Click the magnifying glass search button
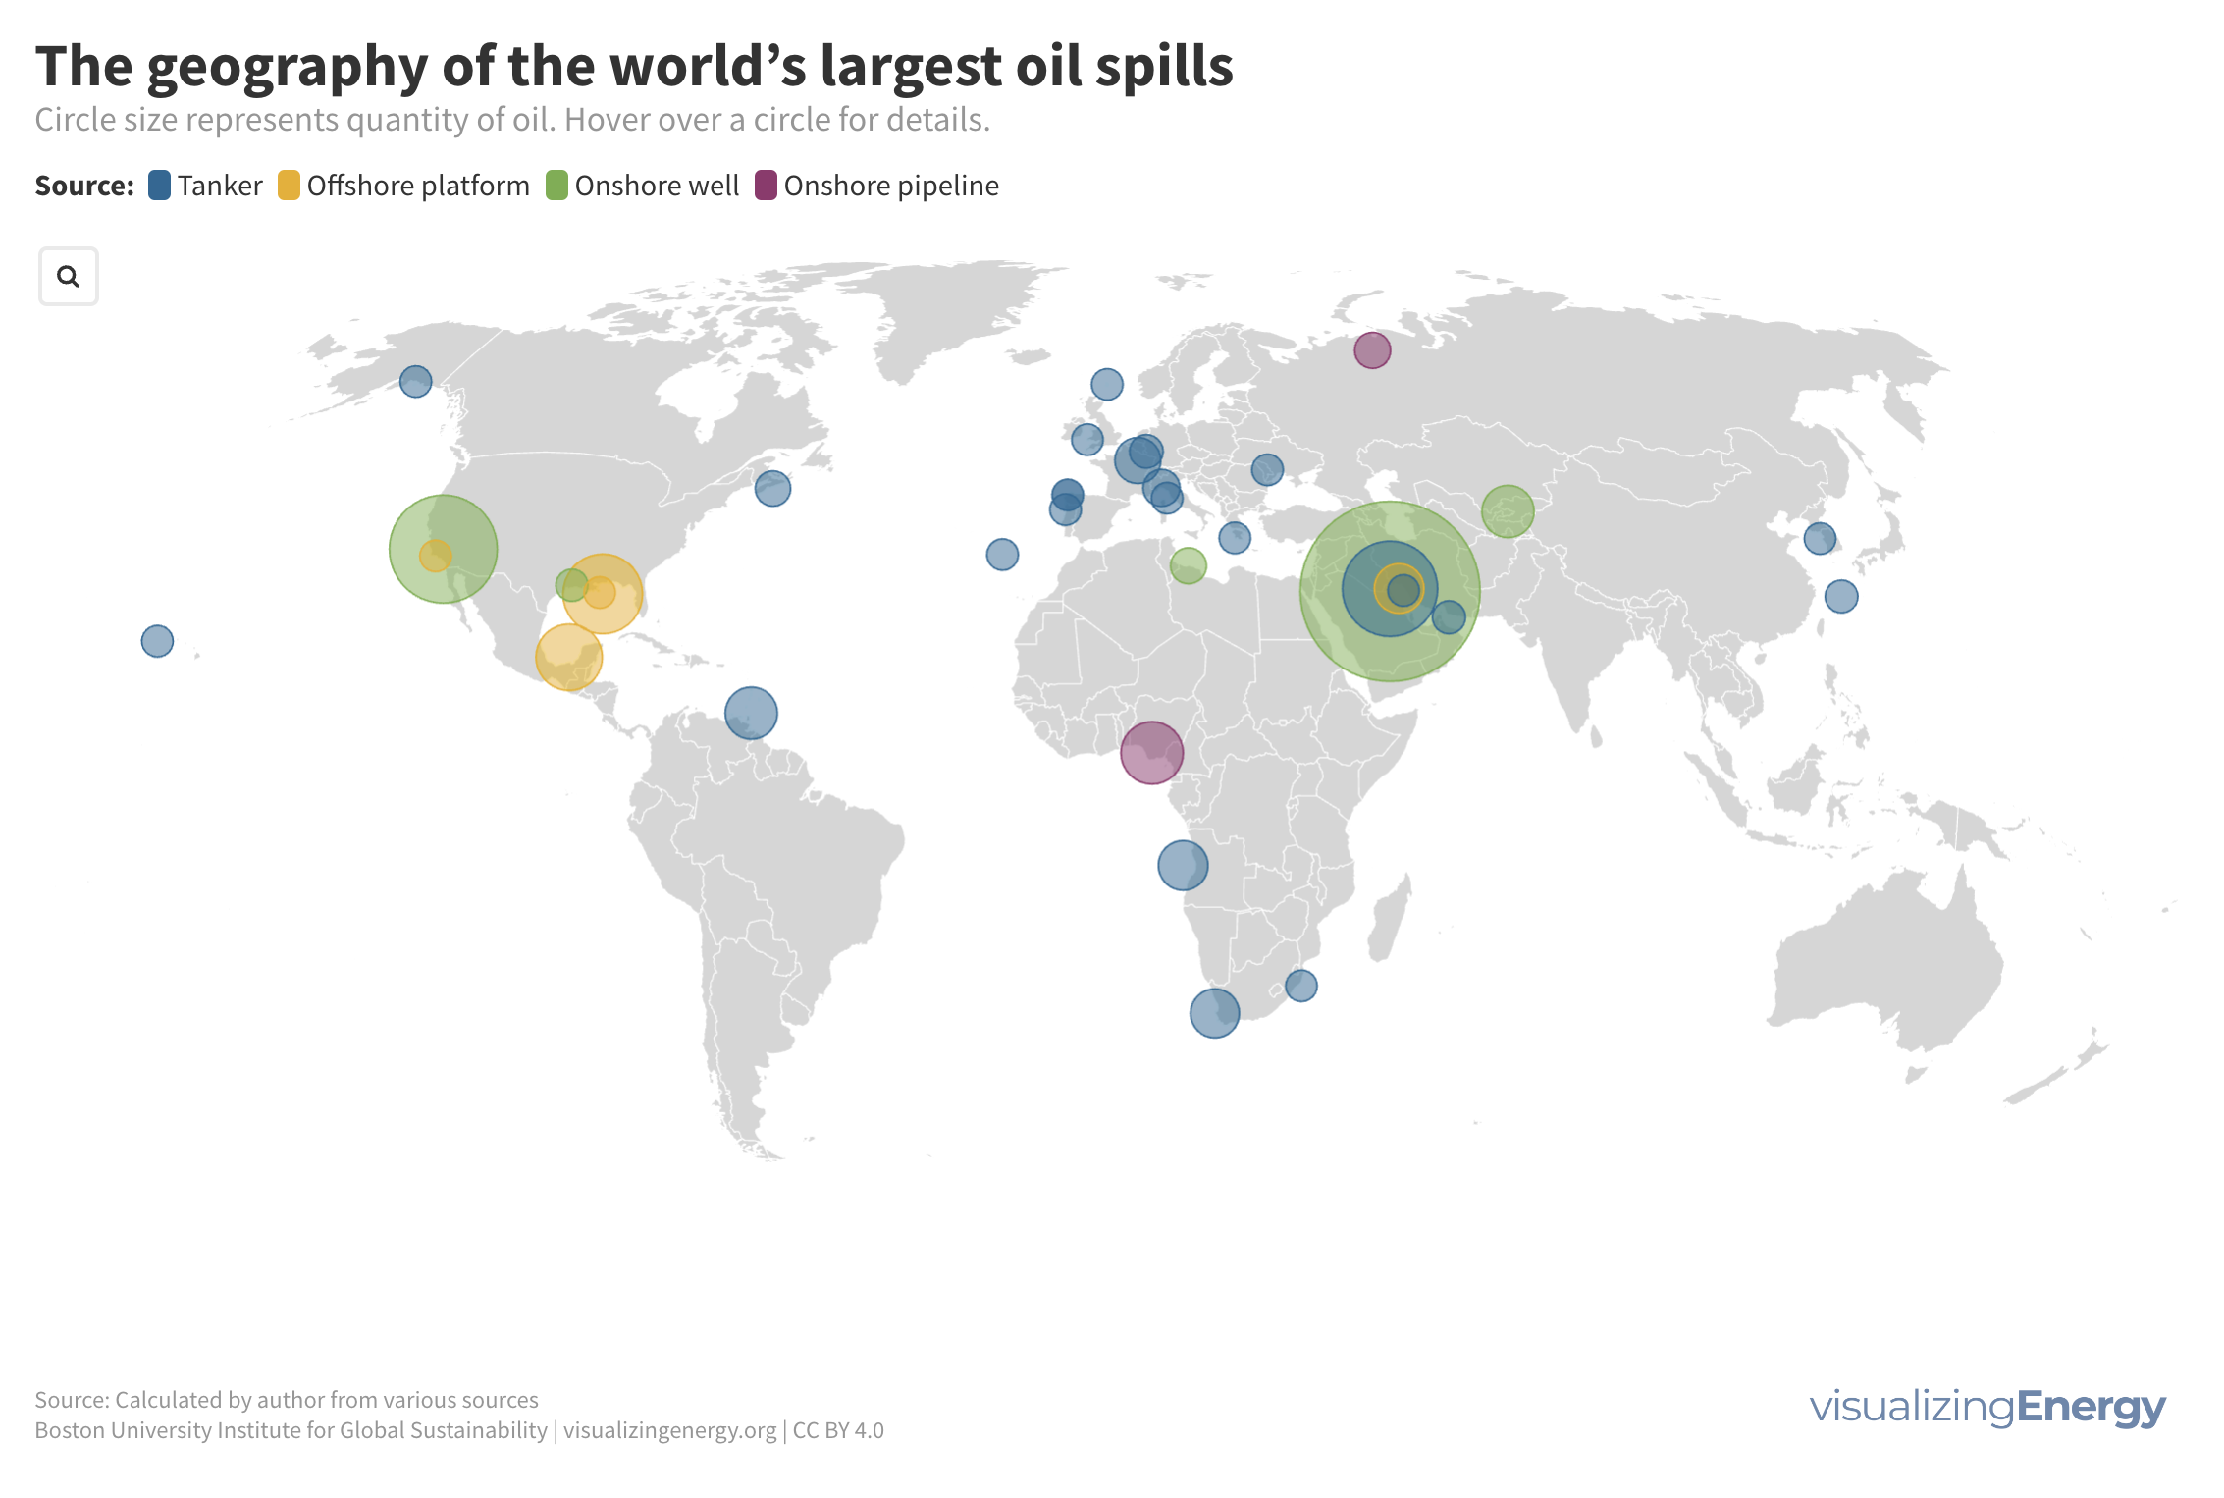pos(68,277)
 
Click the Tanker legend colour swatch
pos(159,186)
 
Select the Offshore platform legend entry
pos(404,186)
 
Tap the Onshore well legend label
pos(657,186)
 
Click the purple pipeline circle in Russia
pos(1372,349)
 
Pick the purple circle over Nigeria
pos(1151,753)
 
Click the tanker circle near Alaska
pos(415,381)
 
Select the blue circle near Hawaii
pos(157,641)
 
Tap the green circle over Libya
pos(1188,565)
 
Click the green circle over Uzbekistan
pos(1508,511)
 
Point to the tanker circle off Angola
pos(1183,866)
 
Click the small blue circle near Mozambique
pos(1300,985)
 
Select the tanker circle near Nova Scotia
pos(772,488)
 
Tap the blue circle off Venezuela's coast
pos(751,713)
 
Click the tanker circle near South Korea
pos(1820,538)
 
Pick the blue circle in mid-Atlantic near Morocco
pos(1002,555)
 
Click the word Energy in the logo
pos(2091,1407)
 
